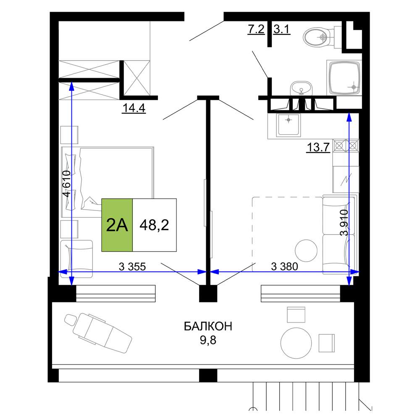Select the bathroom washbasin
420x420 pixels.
[301, 88]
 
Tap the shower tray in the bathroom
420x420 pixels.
[344, 78]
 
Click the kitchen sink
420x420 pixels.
[288, 124]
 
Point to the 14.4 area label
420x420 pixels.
[134, 108]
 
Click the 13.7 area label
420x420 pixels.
[318, 147]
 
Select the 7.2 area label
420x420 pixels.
[256, 29]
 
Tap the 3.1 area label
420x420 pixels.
[282, 29]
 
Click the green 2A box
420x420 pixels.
[117, 225]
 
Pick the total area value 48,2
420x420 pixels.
[154, 225]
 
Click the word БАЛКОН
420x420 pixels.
[208, 326]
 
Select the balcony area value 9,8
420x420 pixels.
[208, 340]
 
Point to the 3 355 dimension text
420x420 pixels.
[132, 267]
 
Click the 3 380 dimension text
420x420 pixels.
[284, 267]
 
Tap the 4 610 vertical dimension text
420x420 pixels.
[66, 184]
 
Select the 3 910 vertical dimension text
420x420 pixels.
[344, 222]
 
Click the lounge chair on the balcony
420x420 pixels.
[98, 333]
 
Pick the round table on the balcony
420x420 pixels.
[296, 343]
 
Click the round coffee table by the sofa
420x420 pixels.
[306, 251]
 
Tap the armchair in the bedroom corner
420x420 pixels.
[76, 258]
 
